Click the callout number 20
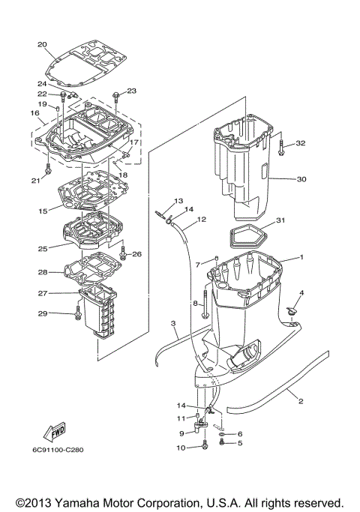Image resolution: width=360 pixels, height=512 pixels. pos(41,43)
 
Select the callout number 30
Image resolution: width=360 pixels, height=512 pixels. pos(301,179)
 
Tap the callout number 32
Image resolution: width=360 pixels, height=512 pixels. pos(301,142)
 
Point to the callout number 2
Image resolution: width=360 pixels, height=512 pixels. pos(301,401)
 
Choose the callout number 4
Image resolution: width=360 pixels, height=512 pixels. pos(302,292)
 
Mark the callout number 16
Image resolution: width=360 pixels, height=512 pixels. pos(34,112)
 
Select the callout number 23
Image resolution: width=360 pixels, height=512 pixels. pos(132,91)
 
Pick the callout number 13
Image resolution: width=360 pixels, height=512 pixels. pos(178,201)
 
